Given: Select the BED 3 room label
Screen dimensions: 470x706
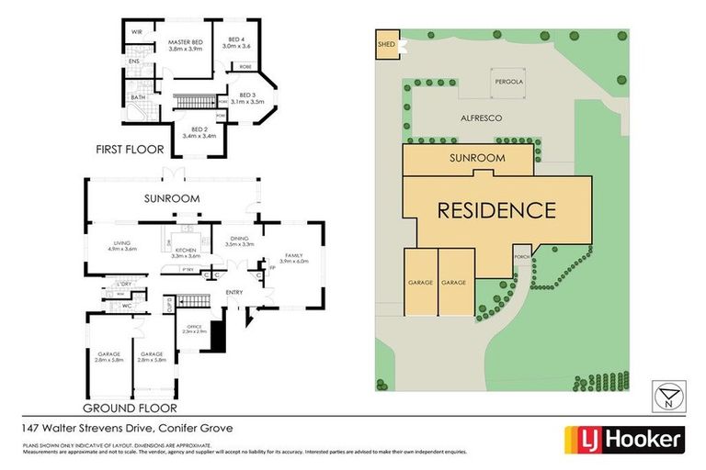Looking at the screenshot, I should point(246,95).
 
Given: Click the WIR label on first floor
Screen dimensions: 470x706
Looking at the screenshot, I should point(136,31).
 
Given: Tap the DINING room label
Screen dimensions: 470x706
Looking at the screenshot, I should point(238,239).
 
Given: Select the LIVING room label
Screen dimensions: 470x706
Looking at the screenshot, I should point(122,242).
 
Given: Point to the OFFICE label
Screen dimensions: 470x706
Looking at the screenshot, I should point(193,327).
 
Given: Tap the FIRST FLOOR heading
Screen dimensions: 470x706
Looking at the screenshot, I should point(130,149).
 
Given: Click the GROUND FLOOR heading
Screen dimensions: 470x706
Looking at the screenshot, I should point(130,407).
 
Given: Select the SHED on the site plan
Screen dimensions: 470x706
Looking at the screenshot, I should point(385,45).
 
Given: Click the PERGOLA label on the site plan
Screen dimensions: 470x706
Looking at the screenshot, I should point(508,81).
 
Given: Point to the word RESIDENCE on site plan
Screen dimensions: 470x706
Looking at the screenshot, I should point(495,209).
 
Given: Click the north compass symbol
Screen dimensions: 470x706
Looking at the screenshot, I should point(666,395).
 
